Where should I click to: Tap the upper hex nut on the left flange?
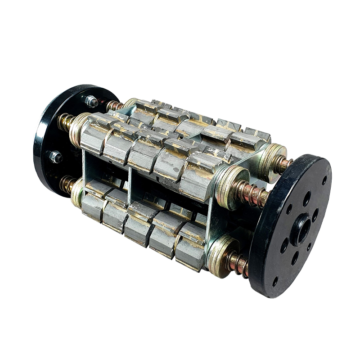click(x=92, y=102)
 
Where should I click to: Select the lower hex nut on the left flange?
click(x=56, y=157)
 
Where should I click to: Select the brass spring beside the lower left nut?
click(x=67, y=184)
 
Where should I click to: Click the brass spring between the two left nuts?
click(x=66, y=121)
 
